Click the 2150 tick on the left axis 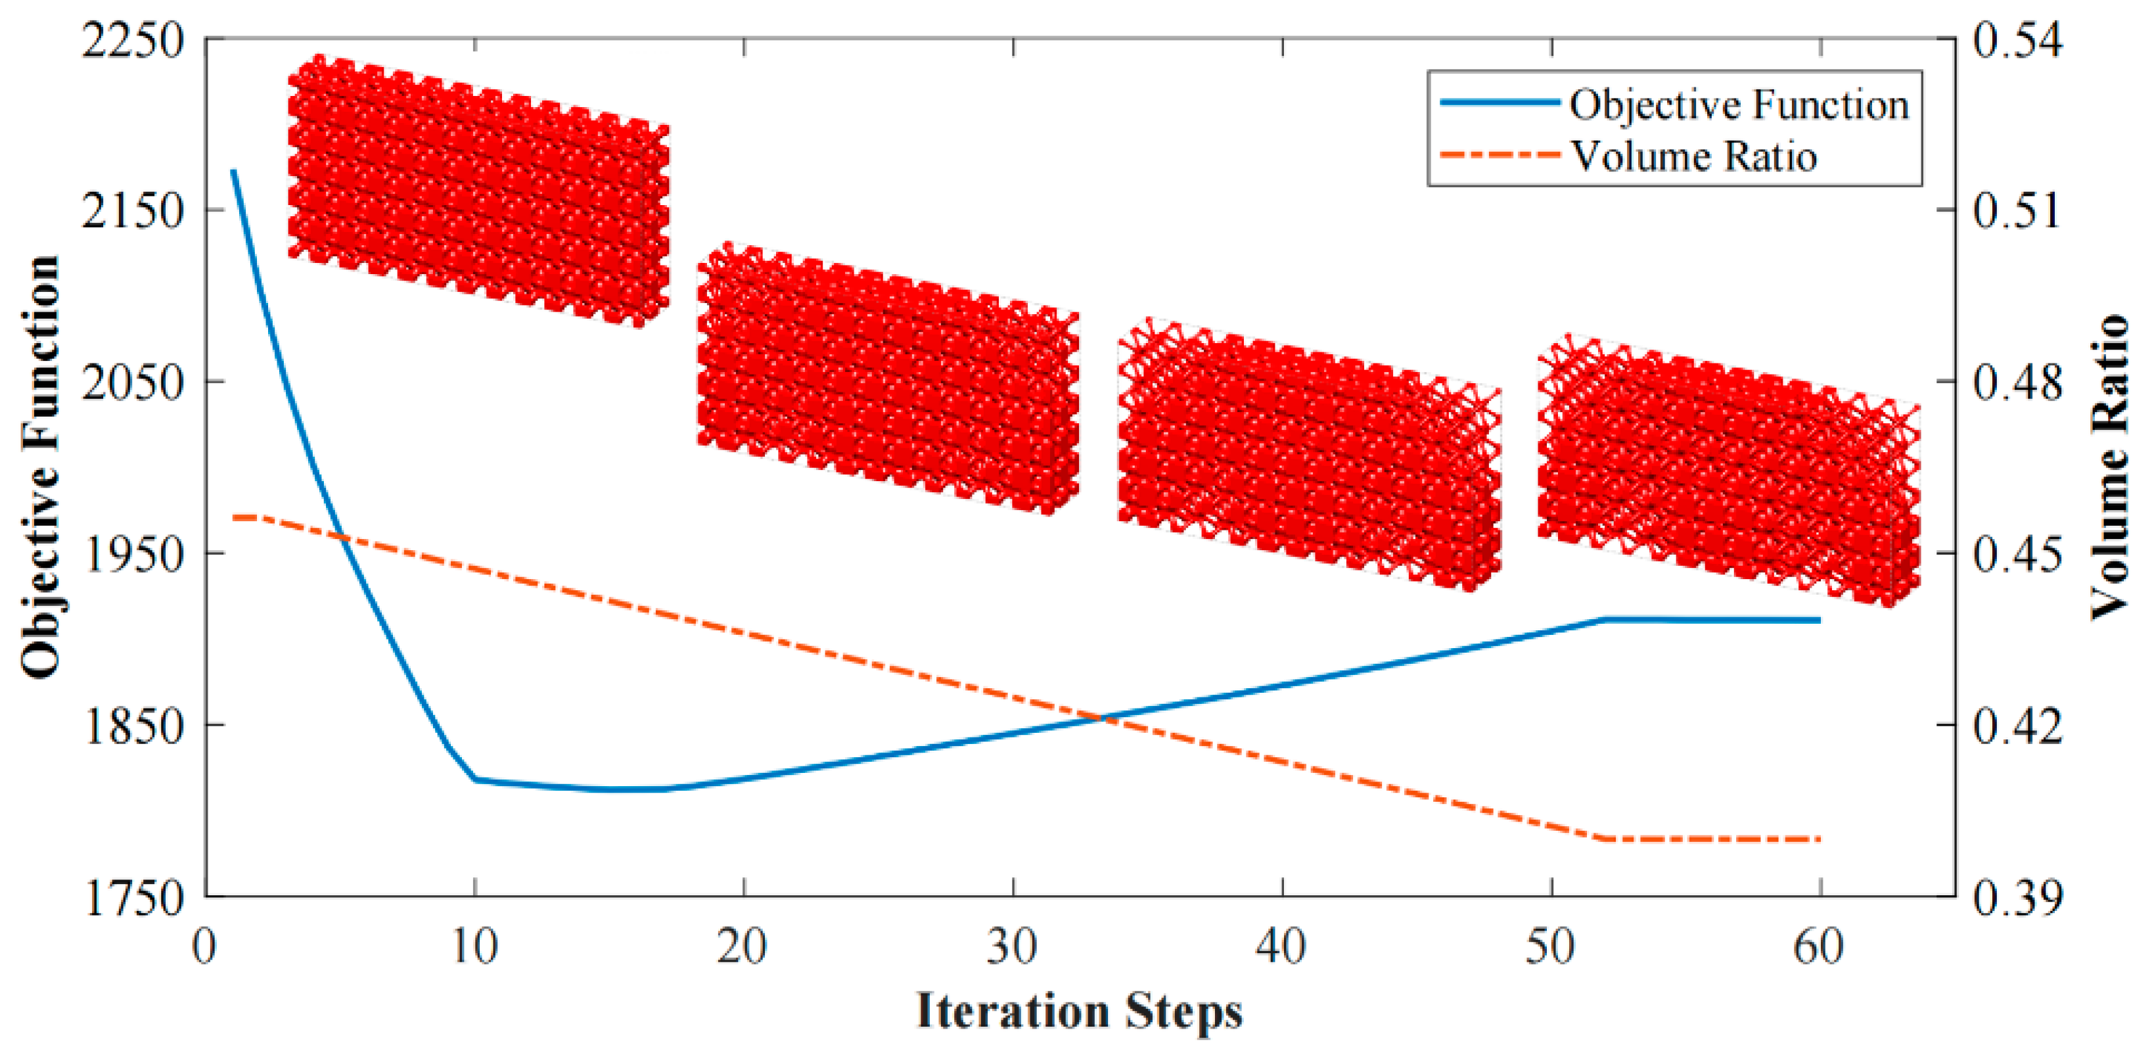pos(132,211)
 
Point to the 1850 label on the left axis pos(132,726)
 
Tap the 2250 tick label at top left pos(132,39)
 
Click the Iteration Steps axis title pos(1079,1011)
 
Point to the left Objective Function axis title pos(40,467)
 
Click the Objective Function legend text pos(1739,105)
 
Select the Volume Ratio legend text pos(1693,156)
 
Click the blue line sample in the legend pos(1500,102)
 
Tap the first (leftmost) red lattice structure pos(478,191)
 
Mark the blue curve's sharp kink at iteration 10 pos(475,780)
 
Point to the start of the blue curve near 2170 pos(234,172)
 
